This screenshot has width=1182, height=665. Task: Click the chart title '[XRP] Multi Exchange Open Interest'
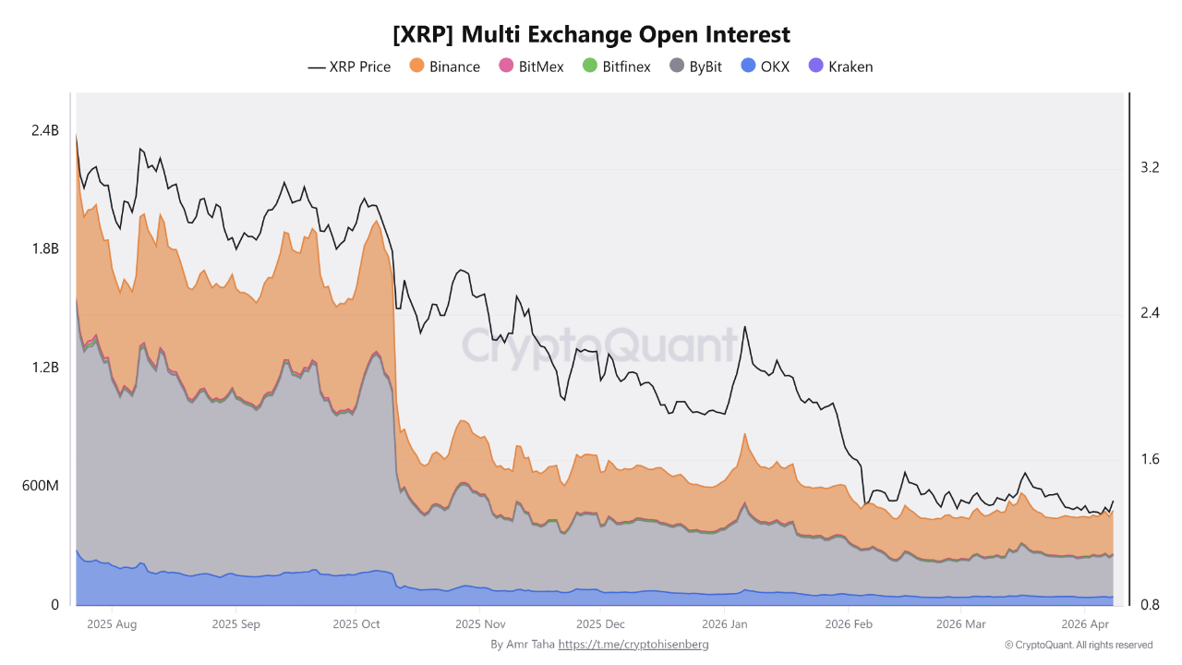pyautogui.click(x=591, y=34)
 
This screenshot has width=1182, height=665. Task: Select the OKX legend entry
pyautogui.click(x=766, y=66)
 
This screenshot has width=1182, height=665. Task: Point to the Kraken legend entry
pyautogui.click(x=840, y=66)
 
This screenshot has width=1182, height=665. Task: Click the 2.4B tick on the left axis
pyautogui.click(x=44, y=131)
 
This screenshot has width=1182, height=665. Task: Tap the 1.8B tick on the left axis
pyautogui.click(x=44, y=249)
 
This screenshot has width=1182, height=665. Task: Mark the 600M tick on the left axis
pyautogui.click(x=40, y=486)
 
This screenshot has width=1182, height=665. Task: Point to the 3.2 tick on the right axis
pyautogui.click(x=1150, y=167)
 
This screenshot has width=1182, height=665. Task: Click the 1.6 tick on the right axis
pyautogui.click(x=1150, y=459)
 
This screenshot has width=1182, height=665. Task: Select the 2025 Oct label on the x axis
pyautogui.click(x=356, y=624)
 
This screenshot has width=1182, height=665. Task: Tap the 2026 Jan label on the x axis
pyautogui.click(x=725, y=624)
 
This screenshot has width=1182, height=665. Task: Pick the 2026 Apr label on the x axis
pyautogui.click(x=1086, y=624)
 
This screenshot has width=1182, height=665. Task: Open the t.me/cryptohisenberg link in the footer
pyautogui.click(x=633, y=645)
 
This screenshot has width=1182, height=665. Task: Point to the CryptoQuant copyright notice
pyautogui.click(x=1078, y=645)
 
